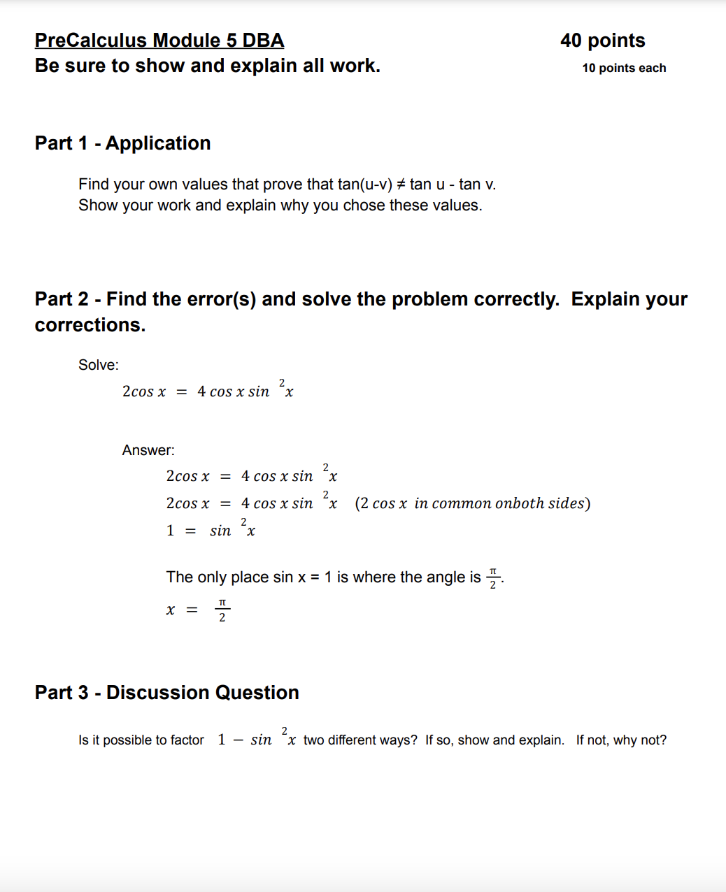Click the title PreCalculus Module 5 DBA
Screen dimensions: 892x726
click(x=159, y=41)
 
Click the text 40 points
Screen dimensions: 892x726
click(x=602, y=41)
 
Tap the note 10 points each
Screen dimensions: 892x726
click(x=624, y=68)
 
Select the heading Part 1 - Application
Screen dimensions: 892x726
click(x=122, y=143)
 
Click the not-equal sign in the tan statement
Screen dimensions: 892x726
click(x=401, y=185)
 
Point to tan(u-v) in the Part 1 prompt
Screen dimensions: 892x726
click(x=364, y=185)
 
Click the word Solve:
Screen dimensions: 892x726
click(x=99, y=365)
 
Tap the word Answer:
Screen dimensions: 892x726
click(x=148, y=450)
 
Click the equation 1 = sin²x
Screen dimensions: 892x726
click(x=211, y=529)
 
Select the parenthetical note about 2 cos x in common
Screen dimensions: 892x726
click(x=472, y=503)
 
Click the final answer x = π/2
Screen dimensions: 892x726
click(x=198, y=610)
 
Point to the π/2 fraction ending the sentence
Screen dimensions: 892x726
click(x=492, y=578)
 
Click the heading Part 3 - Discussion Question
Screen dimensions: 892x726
click(x=167, y=693)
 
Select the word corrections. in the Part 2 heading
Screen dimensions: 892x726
click(x=90, y=325)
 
